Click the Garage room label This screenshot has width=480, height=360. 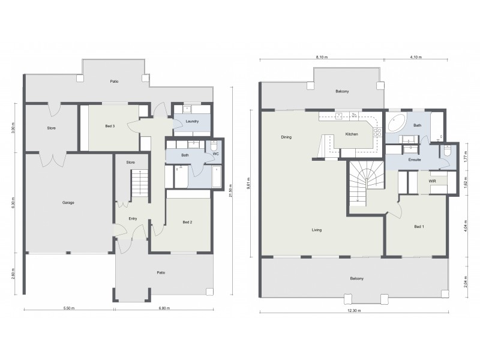coord(68,203)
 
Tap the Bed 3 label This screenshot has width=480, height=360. coord(110,126)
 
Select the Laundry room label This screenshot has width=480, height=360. coord(192,122)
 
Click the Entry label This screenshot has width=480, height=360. coord(133,218)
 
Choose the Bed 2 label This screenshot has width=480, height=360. coord(187,223)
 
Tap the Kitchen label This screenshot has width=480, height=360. coord(352,134)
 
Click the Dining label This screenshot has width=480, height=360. coord(286,137)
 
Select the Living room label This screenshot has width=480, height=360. coord(317,230)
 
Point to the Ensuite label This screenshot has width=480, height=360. coord(415,160)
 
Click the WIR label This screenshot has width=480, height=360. coord(432,181)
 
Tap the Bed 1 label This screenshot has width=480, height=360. coord(419,226)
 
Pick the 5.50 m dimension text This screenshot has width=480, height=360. coord(69,308)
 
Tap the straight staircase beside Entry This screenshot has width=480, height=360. coord(140,182)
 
